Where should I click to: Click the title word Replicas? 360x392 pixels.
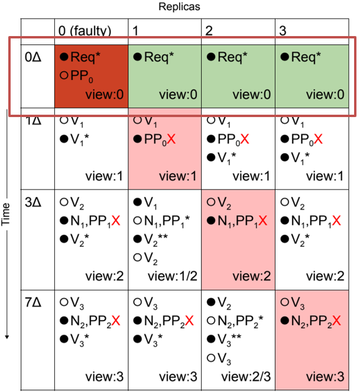pyautogui.click(x=179, y=7)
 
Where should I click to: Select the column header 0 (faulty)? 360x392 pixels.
pyautogui.click(x=85, y=31)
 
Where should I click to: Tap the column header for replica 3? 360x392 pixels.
pyautogui.click(x=283, y=31)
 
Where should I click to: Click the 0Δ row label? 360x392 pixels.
pyautogui.click(x=33, y=57)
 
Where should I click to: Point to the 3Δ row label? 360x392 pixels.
pyautogui.click(x=33, y=202)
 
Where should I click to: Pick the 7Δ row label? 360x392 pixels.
pyautogui.click(x=33, y=303)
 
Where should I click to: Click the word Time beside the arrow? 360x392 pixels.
pyautogui.click(x=5, y=214)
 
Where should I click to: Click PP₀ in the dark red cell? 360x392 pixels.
pyautogui.click(x=82, y=76)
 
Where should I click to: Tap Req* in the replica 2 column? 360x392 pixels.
pyautogui.click(x=232, y=57)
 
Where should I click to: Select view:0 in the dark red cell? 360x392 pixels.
pyautogui.click(x=105, y=95)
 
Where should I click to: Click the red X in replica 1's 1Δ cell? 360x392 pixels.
pyautogui.click(x=171, y=139)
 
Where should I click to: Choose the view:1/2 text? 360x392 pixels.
pyautogui.click(x=173, y=276)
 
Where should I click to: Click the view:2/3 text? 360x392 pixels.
pyautogui.click(x=246, y=377)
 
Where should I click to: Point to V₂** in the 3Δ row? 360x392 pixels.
pyautogui.click(x=156, y=240)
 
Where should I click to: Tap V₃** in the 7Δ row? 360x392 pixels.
pyautogui.click(x=229, y=340)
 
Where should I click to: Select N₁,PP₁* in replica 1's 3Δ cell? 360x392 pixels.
pyautogui.click(x=167, y=222)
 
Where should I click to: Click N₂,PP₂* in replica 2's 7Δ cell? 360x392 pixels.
pyautogui.click(x=241, y=322)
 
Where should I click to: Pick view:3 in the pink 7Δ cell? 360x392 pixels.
pyautogui.click(x=325, y=377)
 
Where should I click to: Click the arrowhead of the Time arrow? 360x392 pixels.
pyautogui.click(x=7, y=337)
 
